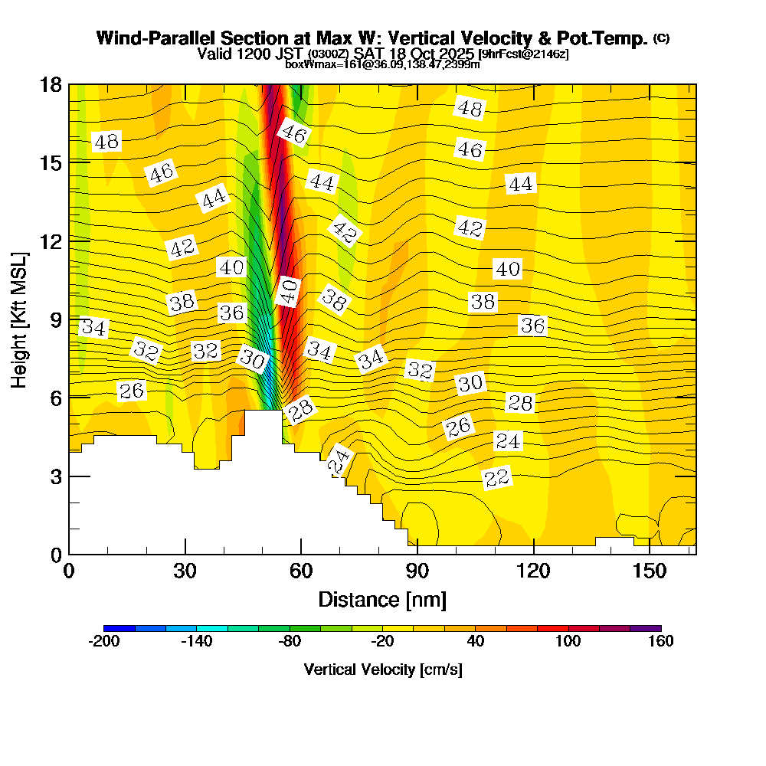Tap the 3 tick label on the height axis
tap(54, 476)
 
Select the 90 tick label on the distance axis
tap(417, 571)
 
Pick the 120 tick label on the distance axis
tap(533, 571)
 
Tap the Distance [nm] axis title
tap(382, 599)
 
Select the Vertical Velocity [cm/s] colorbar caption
tap(382, 669)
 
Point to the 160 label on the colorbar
tap(660, 642)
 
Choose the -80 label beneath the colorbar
tap(290, 642)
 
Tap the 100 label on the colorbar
tap(568, 642)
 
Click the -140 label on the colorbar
tap(197, 642)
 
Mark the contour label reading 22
tap(497, 478)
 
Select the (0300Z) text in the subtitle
tap(329, 54)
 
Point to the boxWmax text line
tap(382, 64)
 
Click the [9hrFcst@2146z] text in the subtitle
tap(523, 54)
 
